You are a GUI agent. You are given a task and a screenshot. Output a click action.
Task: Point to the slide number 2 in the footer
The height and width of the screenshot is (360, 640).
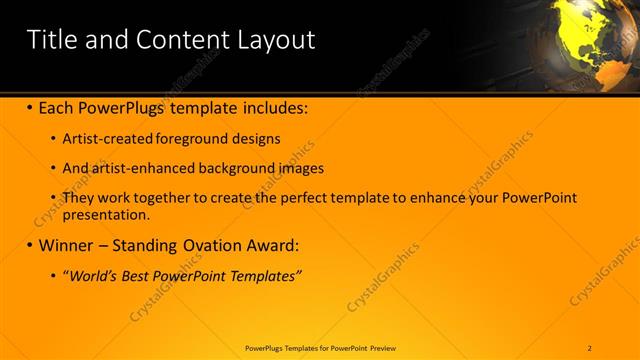coord(590,348)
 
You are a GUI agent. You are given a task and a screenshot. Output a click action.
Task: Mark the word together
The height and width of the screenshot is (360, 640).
coord(162,198)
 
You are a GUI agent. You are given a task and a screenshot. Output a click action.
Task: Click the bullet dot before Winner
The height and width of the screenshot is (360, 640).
coord(30,245)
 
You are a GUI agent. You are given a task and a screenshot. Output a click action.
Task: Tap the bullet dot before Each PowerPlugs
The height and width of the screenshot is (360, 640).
coord(30,106)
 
